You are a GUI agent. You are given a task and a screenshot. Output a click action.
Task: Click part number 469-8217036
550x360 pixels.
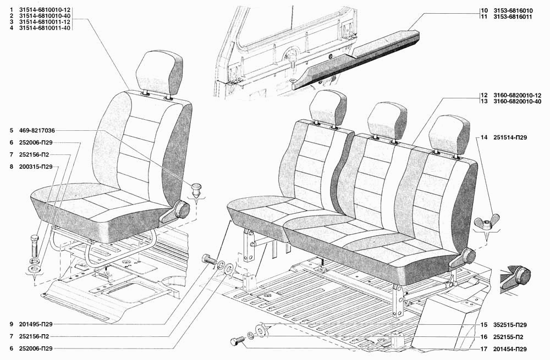[37, 130]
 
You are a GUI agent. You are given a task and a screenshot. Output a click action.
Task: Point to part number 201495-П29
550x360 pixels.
[36, 325]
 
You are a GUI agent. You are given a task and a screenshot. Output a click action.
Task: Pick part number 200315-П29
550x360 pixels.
[36, 167]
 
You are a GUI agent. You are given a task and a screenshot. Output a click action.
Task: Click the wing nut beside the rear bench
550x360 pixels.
[487, 222]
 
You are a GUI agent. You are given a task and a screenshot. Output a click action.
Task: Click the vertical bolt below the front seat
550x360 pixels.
[34, 247]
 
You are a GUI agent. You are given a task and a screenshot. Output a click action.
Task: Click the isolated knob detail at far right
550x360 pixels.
[516, 276]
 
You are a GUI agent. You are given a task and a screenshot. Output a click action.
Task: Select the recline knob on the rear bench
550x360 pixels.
[467, 256]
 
